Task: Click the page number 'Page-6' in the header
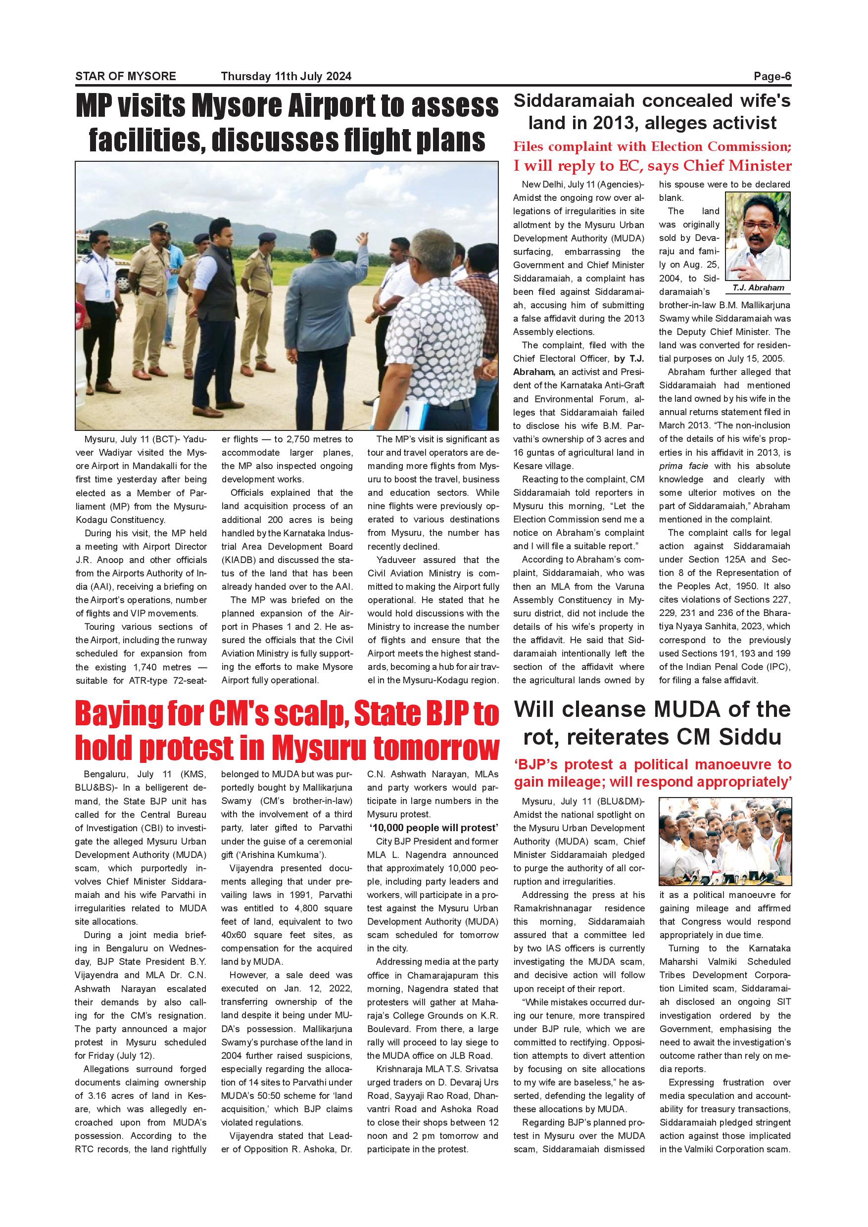click(772, 76)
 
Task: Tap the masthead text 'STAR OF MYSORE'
click(126, 76)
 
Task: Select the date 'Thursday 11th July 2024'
click(286, 76)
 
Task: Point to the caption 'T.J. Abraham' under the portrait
click(758, 288)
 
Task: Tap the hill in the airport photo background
click(160, 225)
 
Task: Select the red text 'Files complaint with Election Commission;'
click(652, 146)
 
